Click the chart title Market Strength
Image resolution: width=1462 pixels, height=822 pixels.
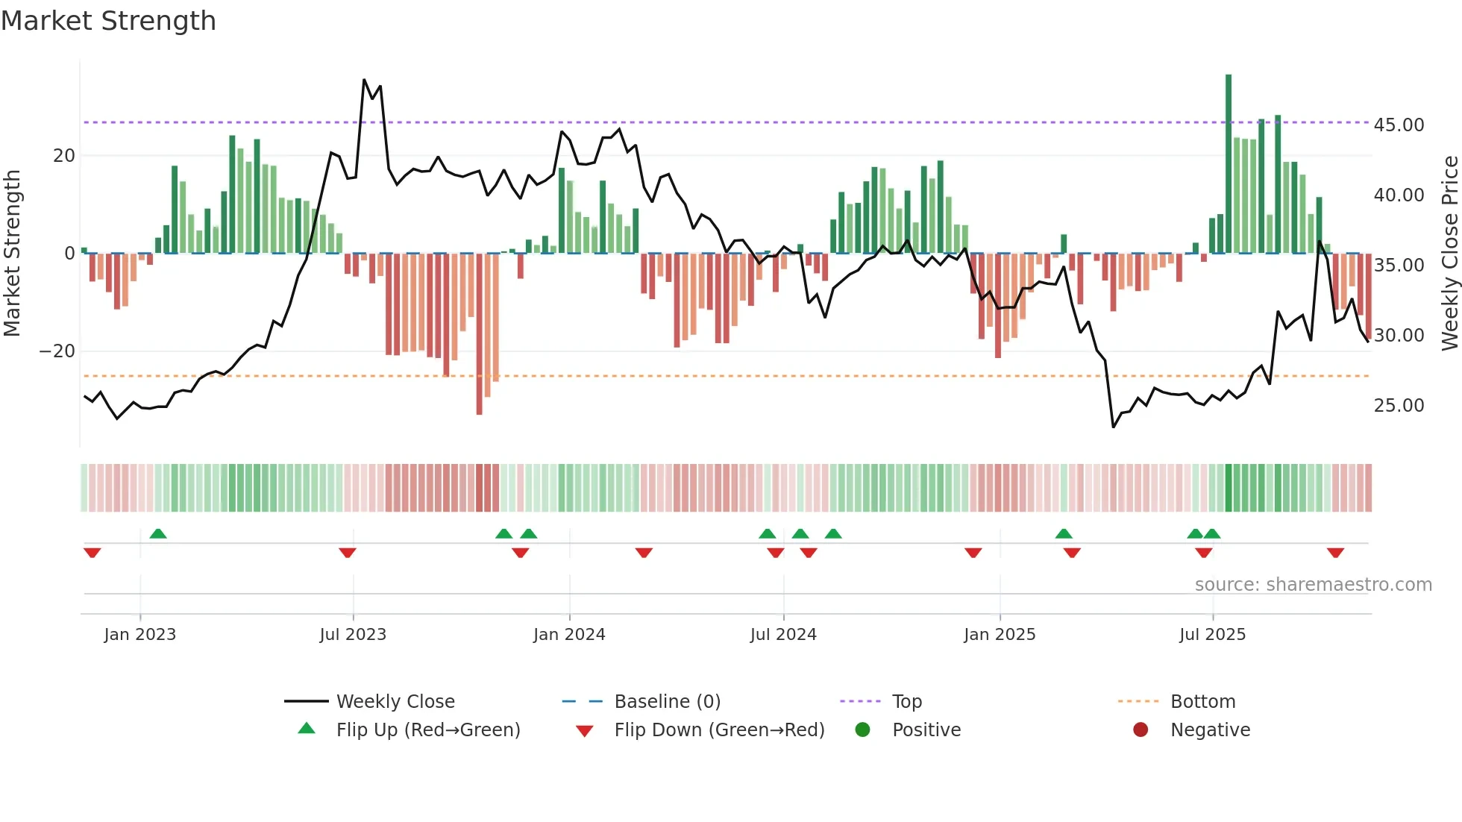[109, 21]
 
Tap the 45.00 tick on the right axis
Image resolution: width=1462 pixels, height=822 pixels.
[1399, 125]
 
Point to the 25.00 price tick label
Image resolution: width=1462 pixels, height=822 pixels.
[1399, 406]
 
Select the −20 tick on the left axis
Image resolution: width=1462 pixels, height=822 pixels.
[57, 351]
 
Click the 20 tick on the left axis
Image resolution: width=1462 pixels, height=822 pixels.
[64, 156]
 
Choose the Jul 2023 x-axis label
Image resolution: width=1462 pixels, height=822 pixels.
[353, 635]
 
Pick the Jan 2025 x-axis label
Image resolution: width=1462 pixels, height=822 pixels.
[1000, 635]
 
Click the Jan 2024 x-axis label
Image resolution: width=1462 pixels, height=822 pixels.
[569, 635]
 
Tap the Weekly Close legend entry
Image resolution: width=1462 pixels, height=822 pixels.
[395, 702]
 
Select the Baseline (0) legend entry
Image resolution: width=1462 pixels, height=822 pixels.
[667, 702]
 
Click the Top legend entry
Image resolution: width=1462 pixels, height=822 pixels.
[906, 702]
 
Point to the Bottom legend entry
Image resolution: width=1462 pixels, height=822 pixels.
[1202, 702]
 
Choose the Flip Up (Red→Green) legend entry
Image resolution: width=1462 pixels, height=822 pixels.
[427, 730]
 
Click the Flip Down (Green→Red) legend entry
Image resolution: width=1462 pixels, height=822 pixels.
[719, 730]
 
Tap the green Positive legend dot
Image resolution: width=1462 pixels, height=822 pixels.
[863, 730]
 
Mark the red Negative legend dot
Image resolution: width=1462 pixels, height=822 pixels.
[1141, 730]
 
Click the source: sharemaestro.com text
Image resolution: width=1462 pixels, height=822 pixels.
[1313, 585]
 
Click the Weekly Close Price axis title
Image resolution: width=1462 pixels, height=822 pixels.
[1450, 254]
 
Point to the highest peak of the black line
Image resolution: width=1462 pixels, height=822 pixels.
[364, 80]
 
